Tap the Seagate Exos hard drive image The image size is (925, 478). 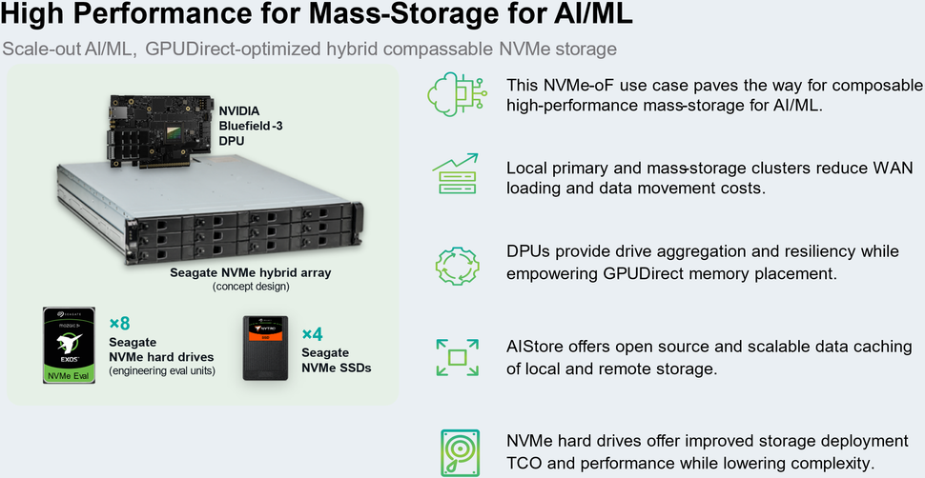tap(68, 345)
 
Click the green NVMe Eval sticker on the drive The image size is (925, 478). tap(68, 375)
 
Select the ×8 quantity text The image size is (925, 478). tap(119, 324)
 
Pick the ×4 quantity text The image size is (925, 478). tap(313, 334)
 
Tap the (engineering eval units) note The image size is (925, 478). tap(161, 370)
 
